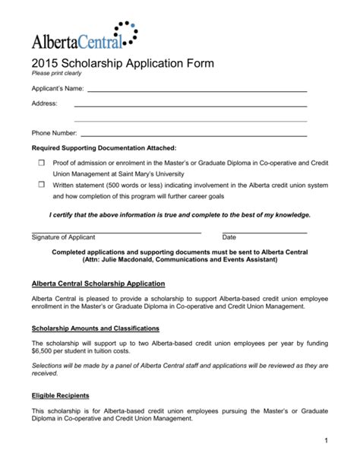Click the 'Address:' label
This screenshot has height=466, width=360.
44,103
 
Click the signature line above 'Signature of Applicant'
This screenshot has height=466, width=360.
116,232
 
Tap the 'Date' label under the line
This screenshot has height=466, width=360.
229,238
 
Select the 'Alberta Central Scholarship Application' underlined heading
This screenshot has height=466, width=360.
98,284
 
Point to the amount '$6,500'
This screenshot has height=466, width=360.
43,352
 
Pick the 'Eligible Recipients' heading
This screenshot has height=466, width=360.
60,395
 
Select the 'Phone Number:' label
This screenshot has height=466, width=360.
54,135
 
